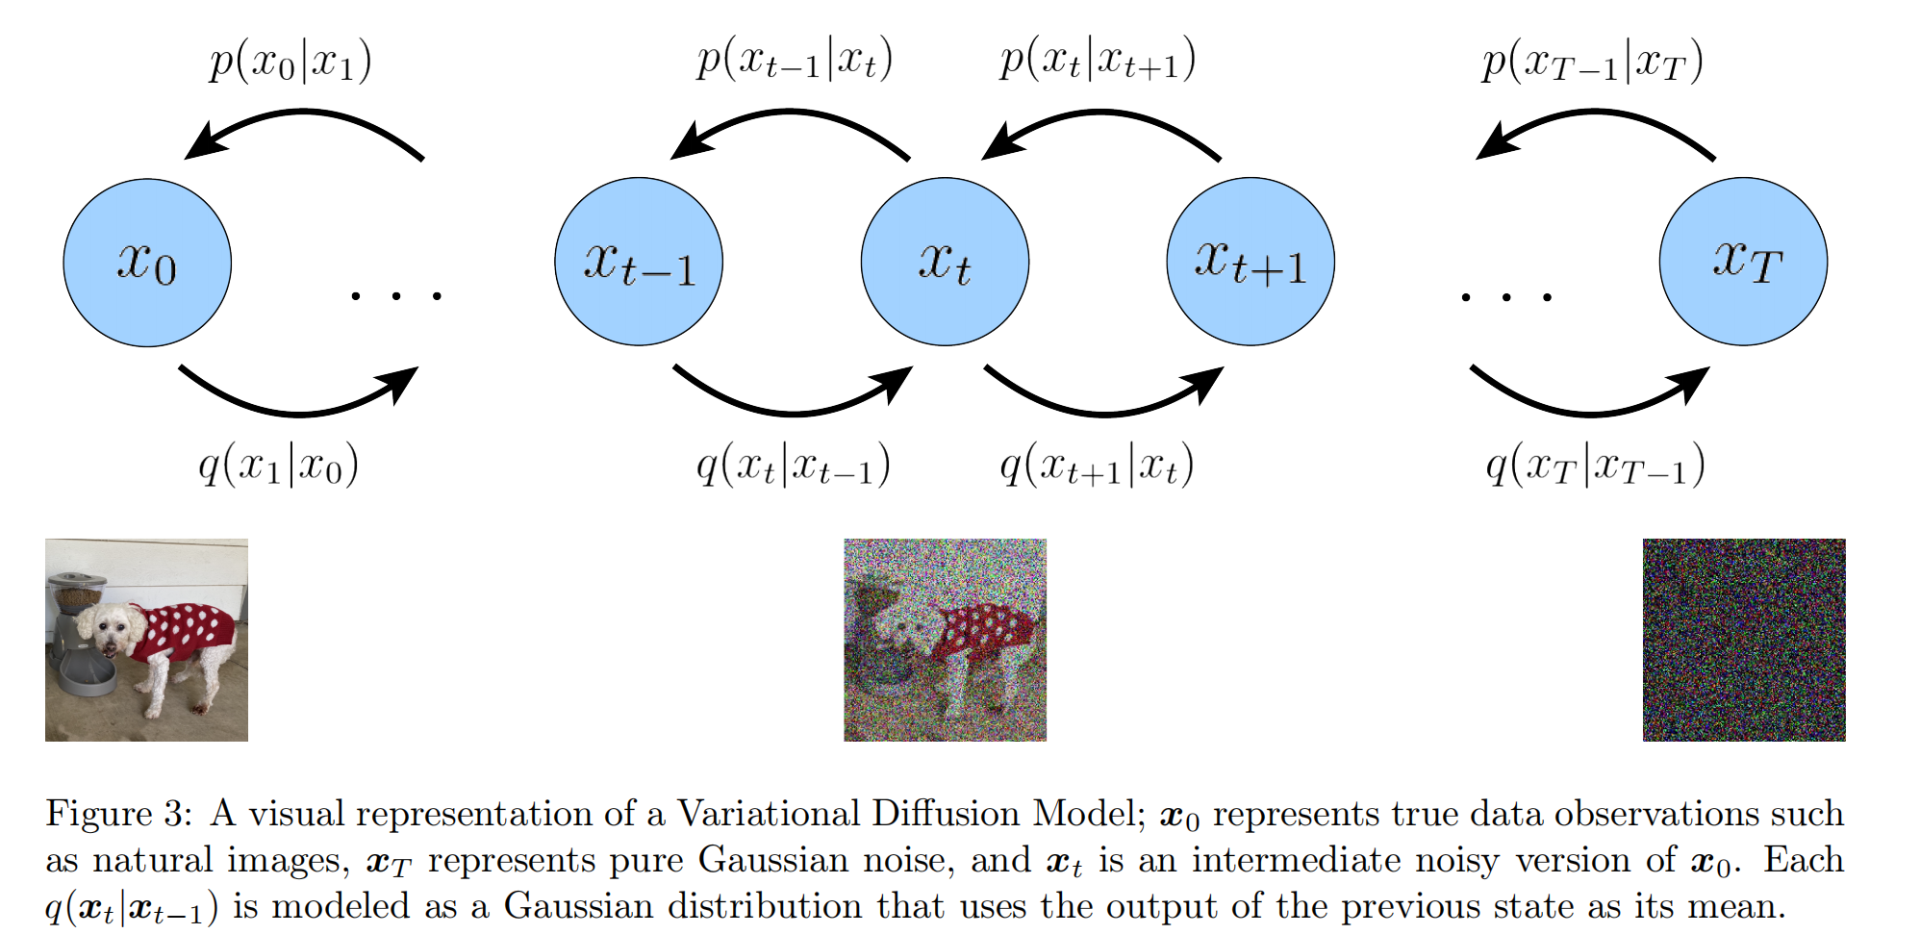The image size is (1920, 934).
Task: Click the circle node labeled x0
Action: (147, 262)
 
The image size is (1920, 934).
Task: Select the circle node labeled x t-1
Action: (639, 262)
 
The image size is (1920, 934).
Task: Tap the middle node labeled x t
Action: (945, 262)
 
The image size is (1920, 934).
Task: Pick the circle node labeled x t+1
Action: (1251, 262)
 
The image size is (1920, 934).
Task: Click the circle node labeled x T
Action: (1743, 262)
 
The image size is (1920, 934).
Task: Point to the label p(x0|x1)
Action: (291, 62)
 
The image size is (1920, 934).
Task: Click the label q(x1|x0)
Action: (279, 466)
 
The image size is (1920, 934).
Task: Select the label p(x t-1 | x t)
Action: (795, 60)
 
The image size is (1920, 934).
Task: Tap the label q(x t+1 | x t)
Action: (1097, 466)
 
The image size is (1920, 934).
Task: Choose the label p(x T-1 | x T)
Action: (1592, 62)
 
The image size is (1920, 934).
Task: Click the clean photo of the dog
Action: (146, 640)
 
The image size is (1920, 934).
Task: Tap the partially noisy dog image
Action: (945, 640)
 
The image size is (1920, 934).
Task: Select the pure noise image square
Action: (1743, 640)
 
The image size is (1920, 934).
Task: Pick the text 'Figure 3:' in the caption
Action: (118, 814)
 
